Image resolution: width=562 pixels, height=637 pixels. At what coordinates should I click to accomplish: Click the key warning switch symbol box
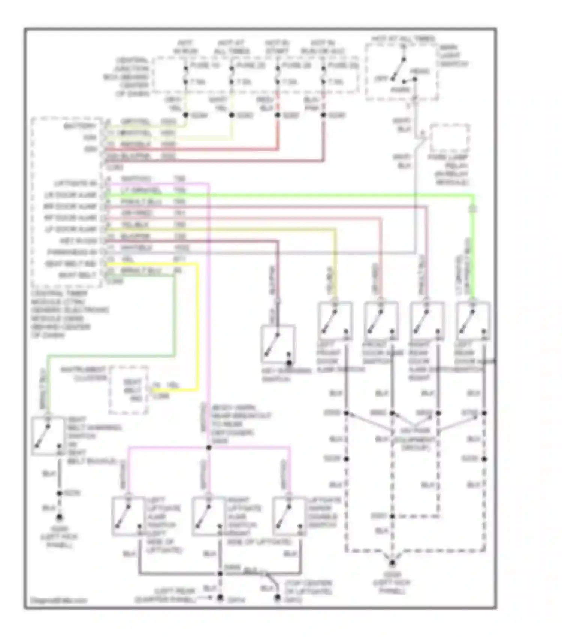[278, 344]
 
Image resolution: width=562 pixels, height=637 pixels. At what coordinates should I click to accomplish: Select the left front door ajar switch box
[335, 321]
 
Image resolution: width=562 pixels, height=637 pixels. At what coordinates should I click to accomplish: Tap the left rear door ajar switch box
[473, 321]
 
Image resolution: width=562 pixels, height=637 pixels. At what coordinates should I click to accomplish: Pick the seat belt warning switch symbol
[48, 436]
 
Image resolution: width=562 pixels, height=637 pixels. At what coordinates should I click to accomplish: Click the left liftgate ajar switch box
[128, 516]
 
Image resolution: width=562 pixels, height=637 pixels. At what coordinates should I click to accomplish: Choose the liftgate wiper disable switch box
[288, 516]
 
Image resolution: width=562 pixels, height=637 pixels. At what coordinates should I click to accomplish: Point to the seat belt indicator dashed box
[129, 390]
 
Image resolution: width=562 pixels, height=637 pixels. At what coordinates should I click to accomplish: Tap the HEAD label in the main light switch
[420, 71]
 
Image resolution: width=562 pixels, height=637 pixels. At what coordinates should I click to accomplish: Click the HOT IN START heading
[277, 47]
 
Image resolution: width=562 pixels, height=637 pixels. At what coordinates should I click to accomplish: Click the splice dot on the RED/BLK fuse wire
[278, 115]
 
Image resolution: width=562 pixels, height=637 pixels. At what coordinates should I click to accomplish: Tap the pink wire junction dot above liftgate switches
[209, 448]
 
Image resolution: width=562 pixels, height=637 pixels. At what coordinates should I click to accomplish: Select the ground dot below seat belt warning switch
[59, 518]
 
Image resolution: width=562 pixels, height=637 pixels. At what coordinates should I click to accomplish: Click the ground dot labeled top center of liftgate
[277, 598]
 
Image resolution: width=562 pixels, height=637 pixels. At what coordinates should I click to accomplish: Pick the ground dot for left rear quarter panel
[221, 598]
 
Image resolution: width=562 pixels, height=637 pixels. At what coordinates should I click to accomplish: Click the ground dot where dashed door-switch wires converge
[392, 563]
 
